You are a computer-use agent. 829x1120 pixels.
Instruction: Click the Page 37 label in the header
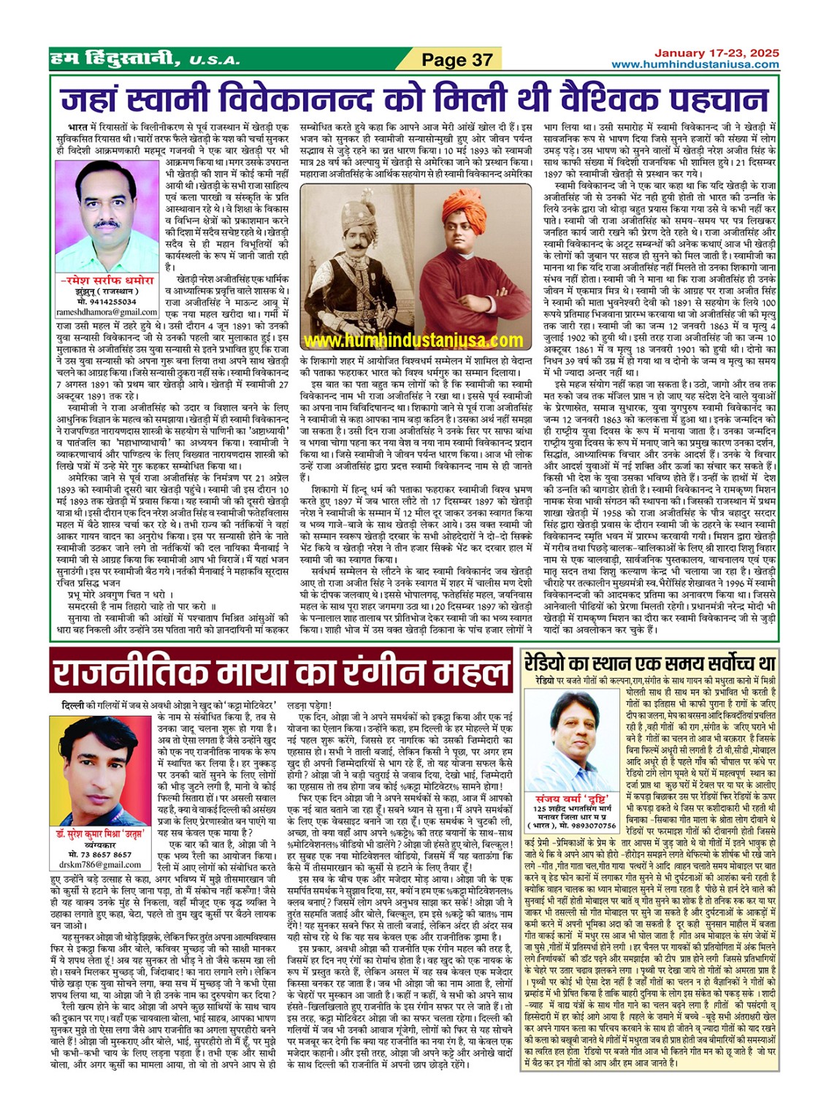point(457,59)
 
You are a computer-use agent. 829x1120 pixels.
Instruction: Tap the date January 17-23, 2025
point(716,53)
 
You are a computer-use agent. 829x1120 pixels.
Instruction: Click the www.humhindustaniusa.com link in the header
point(695,64)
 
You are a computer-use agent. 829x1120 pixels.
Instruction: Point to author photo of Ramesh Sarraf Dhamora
point(107,216)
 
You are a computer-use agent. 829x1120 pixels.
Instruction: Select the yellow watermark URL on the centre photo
point(413,340)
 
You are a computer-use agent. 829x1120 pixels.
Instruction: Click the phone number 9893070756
point(590,826)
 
